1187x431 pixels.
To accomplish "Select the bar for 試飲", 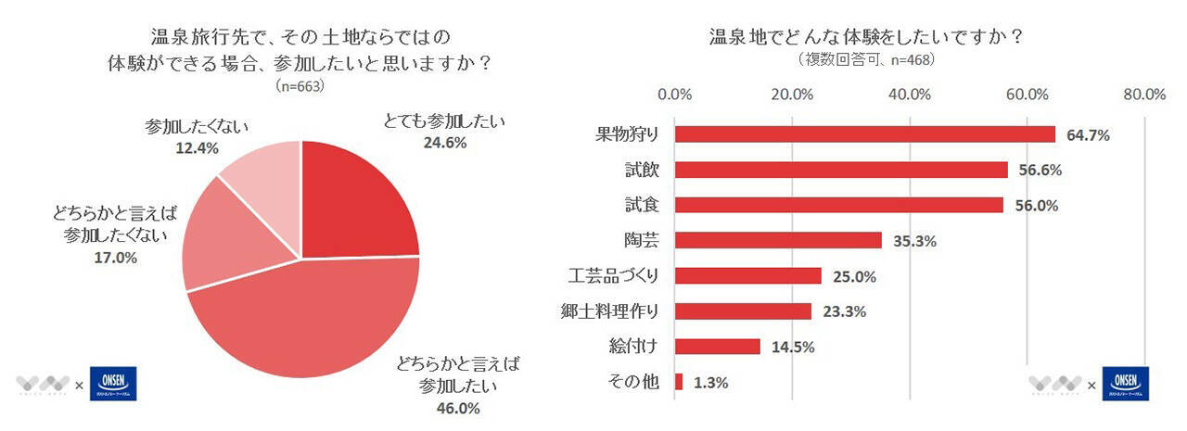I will [840, 170].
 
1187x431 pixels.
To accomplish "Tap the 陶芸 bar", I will [778, 240].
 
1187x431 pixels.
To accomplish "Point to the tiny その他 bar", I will [679, 381].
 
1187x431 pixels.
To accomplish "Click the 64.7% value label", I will [1088, 135].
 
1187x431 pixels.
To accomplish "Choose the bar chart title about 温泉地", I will [866, 38].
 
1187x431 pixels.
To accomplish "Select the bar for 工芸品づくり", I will [747, 275].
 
